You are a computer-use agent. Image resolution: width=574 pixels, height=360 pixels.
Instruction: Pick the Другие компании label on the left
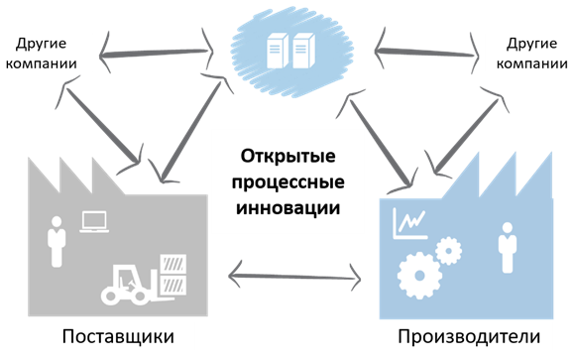coord(48,54)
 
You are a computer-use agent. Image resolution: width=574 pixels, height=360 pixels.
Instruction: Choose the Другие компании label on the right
coord(529,54)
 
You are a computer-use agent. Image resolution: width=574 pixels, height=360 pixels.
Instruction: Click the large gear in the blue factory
coord(416,269)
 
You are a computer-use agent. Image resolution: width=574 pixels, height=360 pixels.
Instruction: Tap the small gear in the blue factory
coord(448,250)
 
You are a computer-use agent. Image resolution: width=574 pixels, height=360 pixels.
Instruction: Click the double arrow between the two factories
coord(294,272)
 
